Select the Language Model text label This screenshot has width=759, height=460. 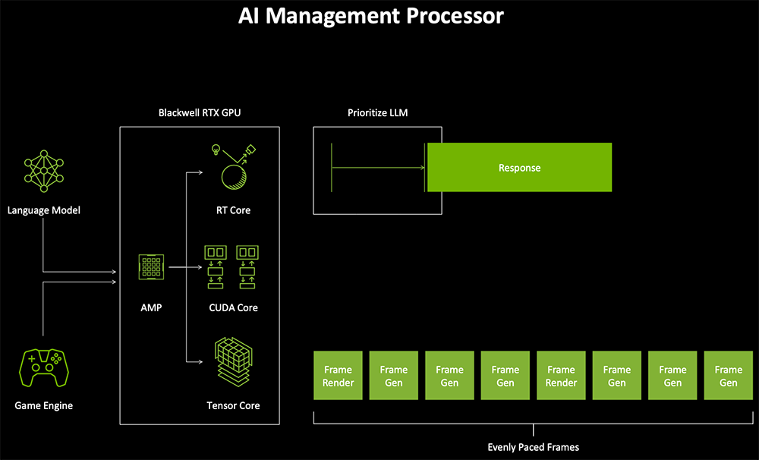[44, 210]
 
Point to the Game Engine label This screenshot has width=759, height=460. [44, 405]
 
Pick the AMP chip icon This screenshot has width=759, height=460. [151, 268]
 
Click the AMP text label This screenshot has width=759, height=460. [151, 307]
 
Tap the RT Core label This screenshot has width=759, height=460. [233, 210]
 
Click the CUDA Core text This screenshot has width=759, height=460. [233, 307]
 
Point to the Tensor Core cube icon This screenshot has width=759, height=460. [233, 364]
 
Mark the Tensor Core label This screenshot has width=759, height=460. [233, 405]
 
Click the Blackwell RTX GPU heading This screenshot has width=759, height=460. [200, 113]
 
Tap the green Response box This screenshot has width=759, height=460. [519, 168]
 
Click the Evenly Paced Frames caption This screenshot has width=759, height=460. [533, 446]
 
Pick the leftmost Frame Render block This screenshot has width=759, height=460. [338, 376]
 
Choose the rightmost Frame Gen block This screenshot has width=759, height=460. [728, 376]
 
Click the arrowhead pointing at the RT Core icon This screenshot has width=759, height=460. [200, 172]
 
